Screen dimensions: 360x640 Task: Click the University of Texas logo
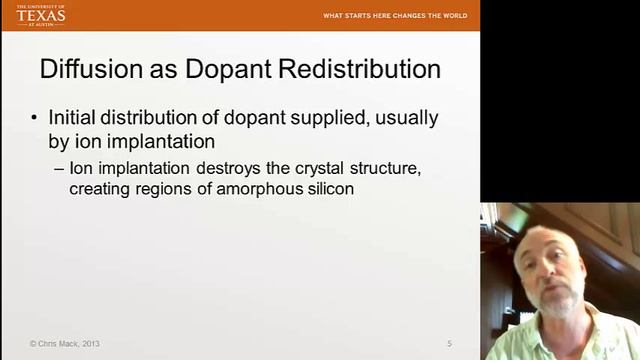tap(40, 14)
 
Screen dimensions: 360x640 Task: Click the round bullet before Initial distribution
tap(34, 118)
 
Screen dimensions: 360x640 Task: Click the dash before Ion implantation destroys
tap(59, 168)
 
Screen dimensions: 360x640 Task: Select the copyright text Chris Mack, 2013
tap(65, 344)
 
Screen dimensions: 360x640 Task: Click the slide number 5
tap(449, 344)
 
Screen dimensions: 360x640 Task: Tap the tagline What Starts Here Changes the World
tap(395, 16)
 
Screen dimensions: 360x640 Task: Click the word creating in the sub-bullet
tap(99, 188)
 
